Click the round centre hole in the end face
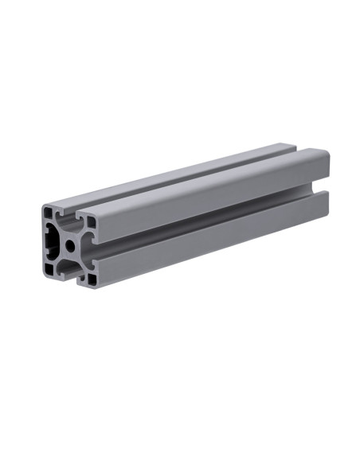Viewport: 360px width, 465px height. tap(70, 245)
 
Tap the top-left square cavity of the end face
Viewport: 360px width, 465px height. tap(48, 213)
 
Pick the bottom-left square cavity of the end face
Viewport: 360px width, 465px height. tap(49, 269)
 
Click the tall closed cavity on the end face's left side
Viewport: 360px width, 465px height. tap(52, 241)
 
